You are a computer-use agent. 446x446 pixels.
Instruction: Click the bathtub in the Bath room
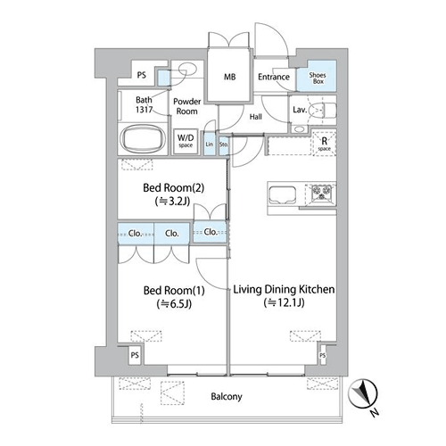pos(143,138)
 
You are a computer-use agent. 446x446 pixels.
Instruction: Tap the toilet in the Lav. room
pos(322,111)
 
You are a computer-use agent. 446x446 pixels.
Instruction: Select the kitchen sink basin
pos(282,194)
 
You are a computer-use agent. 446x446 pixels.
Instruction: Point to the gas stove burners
pos(321,193)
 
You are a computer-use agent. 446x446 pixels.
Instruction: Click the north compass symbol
pos(364,394)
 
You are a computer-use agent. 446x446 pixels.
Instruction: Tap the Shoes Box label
pos(318,78)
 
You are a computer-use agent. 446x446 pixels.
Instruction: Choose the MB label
pos(229,77)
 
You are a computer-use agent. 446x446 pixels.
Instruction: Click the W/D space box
pos(186,141)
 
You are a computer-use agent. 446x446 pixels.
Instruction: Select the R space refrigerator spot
pos(324,144)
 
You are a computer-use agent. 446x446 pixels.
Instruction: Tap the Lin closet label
pos(210,145)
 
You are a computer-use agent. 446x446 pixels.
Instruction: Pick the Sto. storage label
pos(224,145)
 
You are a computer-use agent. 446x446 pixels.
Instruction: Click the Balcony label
pos(227,397)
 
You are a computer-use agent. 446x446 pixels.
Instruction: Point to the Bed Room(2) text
pos(174,188)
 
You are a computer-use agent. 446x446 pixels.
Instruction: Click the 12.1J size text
pos(285,302)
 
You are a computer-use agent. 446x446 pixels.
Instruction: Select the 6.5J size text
pos(174,304)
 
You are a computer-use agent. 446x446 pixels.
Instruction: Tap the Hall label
pos(256,117)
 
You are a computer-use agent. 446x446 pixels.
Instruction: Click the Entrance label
pos(274,77)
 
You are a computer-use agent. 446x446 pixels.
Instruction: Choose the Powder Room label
pos(187,106)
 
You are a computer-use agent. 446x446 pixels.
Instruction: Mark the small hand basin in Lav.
pos(299,129)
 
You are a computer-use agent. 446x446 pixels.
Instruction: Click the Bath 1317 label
pos(144,104)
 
